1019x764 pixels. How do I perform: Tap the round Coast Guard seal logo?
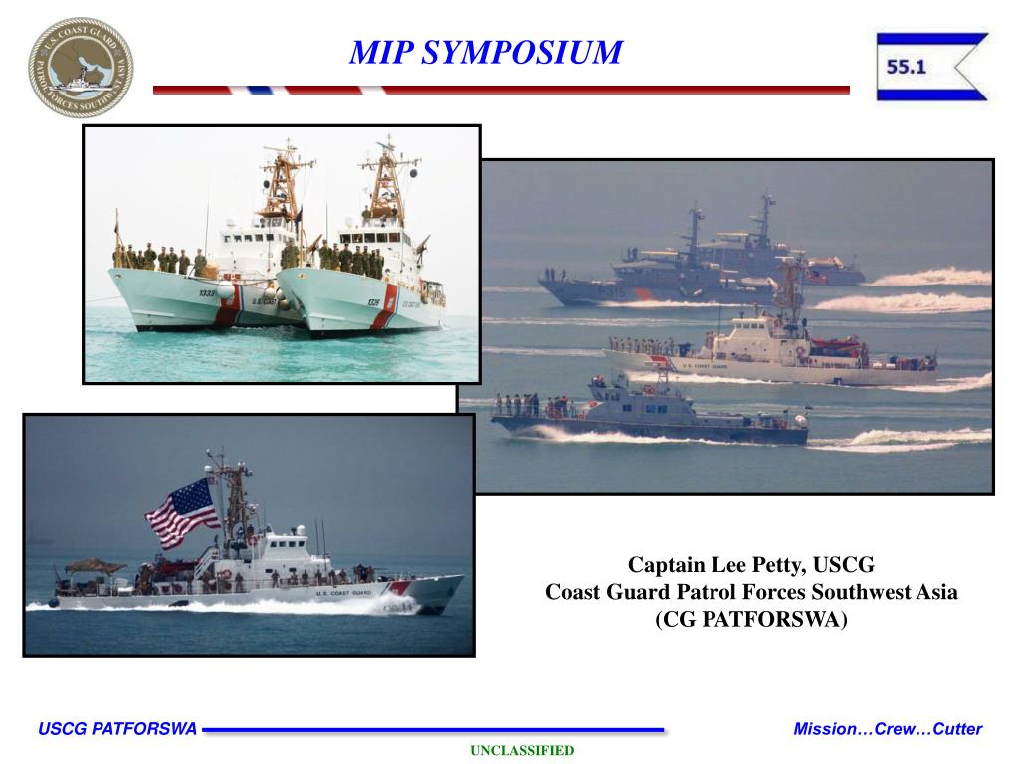click(80, 68)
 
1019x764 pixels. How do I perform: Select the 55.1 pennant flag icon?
click(931, 68)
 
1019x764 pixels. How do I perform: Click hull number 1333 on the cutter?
click(206, 293)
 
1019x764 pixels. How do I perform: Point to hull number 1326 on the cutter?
click(373, 302)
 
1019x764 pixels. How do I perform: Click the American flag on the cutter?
click(182, 511)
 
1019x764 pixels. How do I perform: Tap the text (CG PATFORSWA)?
click(751, 620)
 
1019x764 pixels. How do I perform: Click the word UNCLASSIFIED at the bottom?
click(522, 750)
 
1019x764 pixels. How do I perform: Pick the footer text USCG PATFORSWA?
click(117, 729)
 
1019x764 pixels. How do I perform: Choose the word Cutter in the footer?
click(957, 729)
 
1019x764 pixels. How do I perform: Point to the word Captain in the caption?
click(666, 566)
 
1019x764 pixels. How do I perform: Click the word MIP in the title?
click(379, 52)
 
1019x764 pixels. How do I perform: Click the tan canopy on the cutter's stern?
click(96, 566)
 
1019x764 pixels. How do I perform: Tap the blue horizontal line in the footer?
click(433, 730)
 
